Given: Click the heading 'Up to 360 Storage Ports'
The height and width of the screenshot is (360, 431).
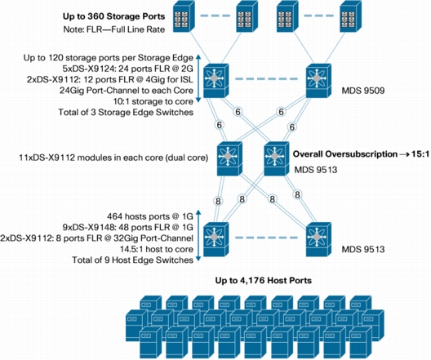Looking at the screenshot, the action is coord(113,16).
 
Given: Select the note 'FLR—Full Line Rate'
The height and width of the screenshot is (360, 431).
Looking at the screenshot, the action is coord(126,29).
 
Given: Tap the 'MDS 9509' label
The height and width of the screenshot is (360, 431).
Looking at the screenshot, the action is coord(362,91).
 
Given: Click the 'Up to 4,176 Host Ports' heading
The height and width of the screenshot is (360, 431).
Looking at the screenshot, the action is coord(264,281).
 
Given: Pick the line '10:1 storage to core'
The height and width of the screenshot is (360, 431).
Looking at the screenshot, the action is coord(153,101).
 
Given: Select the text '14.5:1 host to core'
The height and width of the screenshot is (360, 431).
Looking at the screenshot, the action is coord(157,249).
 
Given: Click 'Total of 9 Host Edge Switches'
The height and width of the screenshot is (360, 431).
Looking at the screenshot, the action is coord(132,260).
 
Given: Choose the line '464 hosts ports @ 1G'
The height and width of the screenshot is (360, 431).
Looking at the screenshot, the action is coord(150,216).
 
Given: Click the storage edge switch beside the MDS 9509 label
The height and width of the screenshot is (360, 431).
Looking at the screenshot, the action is coord(318,81).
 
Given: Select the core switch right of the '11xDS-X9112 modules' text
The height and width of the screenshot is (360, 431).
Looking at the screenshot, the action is coord(229,158).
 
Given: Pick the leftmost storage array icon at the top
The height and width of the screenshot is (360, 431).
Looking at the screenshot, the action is coord(184,17).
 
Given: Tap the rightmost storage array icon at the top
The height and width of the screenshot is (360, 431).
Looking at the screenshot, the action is coord(350,17).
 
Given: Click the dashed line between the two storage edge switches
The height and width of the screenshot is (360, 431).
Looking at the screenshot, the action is coord(267,79).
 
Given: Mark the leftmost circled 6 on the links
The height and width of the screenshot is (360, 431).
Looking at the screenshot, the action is coord(219,125).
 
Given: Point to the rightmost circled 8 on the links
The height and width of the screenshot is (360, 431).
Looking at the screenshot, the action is coord(297,195).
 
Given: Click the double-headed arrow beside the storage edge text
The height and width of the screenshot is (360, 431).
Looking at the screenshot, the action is coord(198,79).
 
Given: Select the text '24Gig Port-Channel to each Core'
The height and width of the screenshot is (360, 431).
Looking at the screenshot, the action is coord(127,91).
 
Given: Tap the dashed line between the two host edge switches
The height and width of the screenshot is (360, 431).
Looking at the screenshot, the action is coord(267,238).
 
